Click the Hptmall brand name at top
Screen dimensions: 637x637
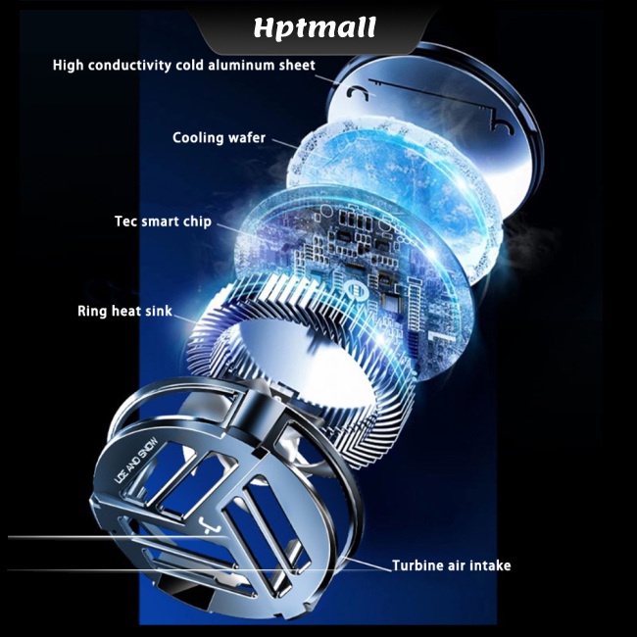click(315, 28)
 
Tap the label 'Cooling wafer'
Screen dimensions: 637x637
click(219, 138)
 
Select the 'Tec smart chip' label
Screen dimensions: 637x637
click(163, 221)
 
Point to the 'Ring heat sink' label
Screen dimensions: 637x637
click(125, 312)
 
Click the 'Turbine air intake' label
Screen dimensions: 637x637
click(452, 565)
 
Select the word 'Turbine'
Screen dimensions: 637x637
click(416, 565)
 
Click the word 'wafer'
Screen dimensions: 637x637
click(247, 138)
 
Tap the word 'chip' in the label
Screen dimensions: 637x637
click(198, 221)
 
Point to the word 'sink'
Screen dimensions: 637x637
click(159, 312)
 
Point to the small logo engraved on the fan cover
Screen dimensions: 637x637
click(210, 524)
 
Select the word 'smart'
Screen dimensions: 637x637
click(162, 221)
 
